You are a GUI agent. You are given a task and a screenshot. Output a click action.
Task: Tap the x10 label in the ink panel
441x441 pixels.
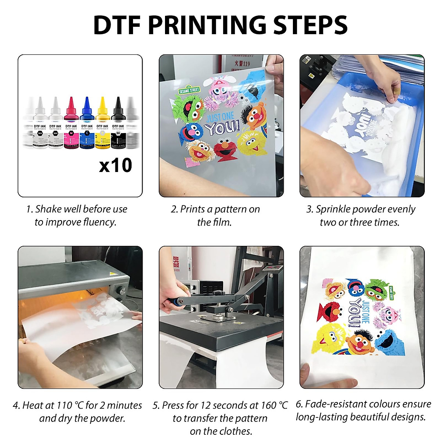pyautogui.click(x=115, y=165)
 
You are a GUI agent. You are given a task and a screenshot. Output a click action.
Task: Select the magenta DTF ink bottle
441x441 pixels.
pyautogui.click(x=71, y=125)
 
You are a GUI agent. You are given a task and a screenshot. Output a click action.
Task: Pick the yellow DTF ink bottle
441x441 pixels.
pyautogui.click(x=102, y=125)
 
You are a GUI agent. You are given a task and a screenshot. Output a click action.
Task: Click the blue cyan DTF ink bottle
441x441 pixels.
pyautogui.click(x=87, y=125)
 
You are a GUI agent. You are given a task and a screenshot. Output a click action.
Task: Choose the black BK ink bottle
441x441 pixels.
pyautogui.click(x=118, y=125)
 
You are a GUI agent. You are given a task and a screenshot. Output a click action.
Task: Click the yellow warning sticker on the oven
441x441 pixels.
pyautogui.click(x=112, y=274)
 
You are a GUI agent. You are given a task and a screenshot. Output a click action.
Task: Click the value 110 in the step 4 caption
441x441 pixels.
pyautogui.click(x=64, y=405)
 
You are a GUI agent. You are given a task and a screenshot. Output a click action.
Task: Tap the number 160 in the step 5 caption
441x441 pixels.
pyautogui.click(x=269, y=405)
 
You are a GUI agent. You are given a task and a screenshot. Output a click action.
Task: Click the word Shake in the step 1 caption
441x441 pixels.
pyautogui.click(x=48, y=209)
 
